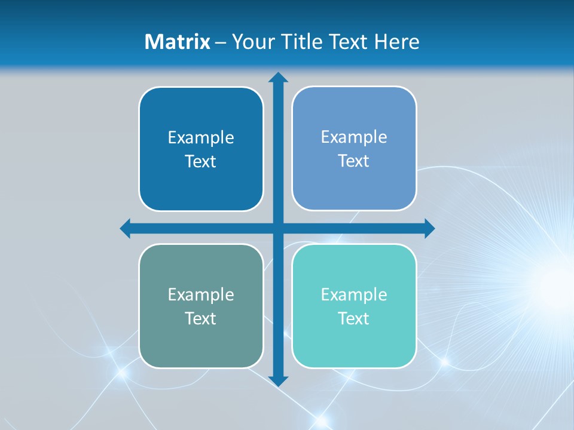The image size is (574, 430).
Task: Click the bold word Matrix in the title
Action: coord(178,42)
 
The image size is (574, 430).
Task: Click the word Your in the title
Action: coord(251,42)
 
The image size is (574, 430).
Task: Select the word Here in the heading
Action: coord(396,42)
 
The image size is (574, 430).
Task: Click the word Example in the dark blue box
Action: coord(201,138)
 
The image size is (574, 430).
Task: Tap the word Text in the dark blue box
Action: coord(201,162)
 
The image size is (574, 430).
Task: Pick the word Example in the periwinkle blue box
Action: coord(354,137)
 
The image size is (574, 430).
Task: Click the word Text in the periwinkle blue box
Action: coord(354,161)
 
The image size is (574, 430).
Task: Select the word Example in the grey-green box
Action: coord(201,295)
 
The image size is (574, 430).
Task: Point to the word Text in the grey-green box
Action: coord(201,319)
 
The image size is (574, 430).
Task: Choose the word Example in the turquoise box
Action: coord(354,295)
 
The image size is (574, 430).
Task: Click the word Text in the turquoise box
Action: coord(354,319)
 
